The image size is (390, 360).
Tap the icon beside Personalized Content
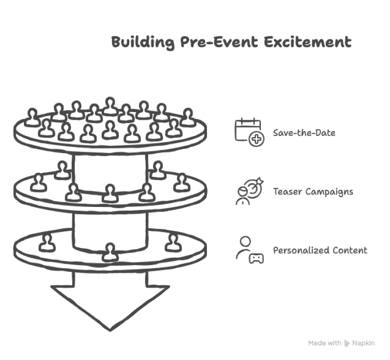[x=249, y=250]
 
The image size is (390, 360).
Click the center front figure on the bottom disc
[x=109, y=252]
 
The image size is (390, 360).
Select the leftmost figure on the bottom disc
[x=47, y=241]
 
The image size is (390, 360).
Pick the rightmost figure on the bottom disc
[x=173, y=241]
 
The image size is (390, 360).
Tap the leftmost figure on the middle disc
[x=38, y=183]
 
